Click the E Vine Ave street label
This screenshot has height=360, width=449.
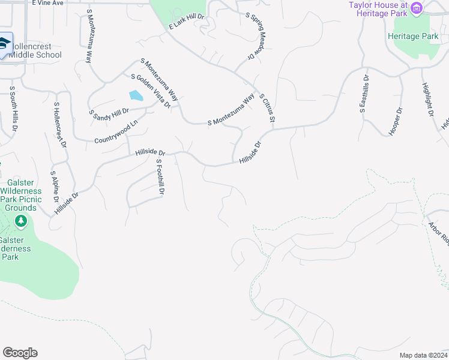tap(48, 3)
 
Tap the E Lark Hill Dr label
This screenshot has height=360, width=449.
tap(187, 23)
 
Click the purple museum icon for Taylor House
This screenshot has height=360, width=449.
tap(417, 8)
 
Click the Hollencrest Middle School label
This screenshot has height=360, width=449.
tap(36, 50)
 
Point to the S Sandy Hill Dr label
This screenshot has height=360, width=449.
tap(109, 112)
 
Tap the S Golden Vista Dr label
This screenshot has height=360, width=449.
tap(151, 91)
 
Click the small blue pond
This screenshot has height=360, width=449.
tap(136, 95)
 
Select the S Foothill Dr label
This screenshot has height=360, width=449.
tap(160, 178)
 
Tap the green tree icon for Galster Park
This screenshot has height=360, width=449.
tap(22, 222)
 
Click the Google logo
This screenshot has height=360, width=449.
tap(20, 353)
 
